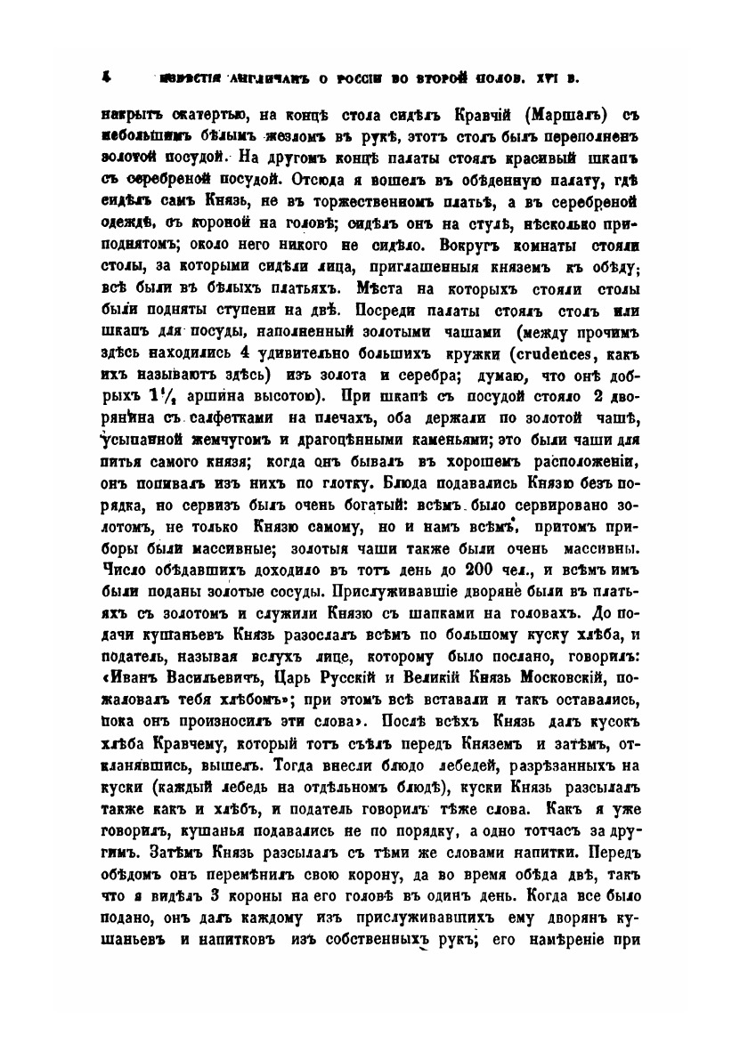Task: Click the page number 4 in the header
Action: tap(105, 77)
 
